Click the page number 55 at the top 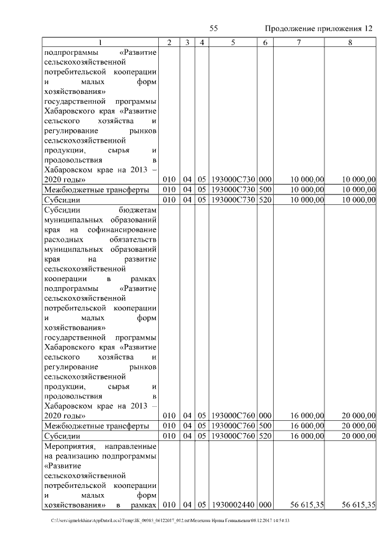tap(214, 29)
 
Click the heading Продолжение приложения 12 tap(319, 29)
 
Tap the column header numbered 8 tap(350, 42)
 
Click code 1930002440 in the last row tap(233, 504)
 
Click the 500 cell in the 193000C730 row tap(265, 190)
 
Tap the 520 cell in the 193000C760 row tap(265, 436)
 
